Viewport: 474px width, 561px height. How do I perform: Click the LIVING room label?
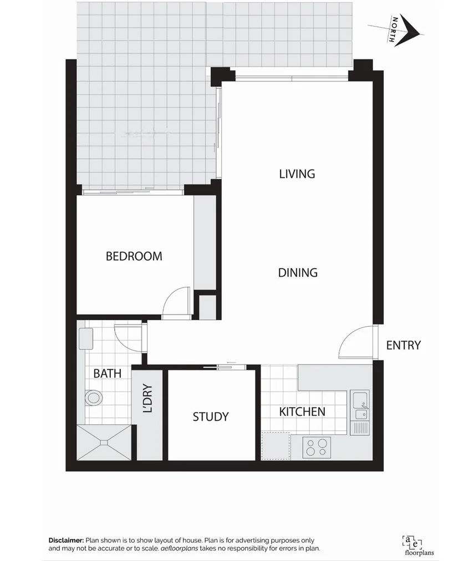[x=297, y=174]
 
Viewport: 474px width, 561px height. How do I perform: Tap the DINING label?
[x=298, y=272]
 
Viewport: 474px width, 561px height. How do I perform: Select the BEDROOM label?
[x=134, y=256]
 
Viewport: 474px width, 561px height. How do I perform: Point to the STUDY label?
[x=211, y=416]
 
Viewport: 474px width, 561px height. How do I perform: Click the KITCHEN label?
[x=302, y=411]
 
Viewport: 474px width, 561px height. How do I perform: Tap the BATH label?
[x=107, y=373]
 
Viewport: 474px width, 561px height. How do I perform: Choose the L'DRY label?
[x=147, y=399]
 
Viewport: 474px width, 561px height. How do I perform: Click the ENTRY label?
[x=403, y=345]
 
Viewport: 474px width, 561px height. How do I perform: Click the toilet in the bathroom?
[x=94, y=398]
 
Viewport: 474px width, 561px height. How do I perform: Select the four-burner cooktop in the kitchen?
[x=317, y=446]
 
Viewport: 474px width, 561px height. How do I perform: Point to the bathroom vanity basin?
[x=86, y=338]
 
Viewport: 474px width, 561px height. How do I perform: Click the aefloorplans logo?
[x=411, y=544]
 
